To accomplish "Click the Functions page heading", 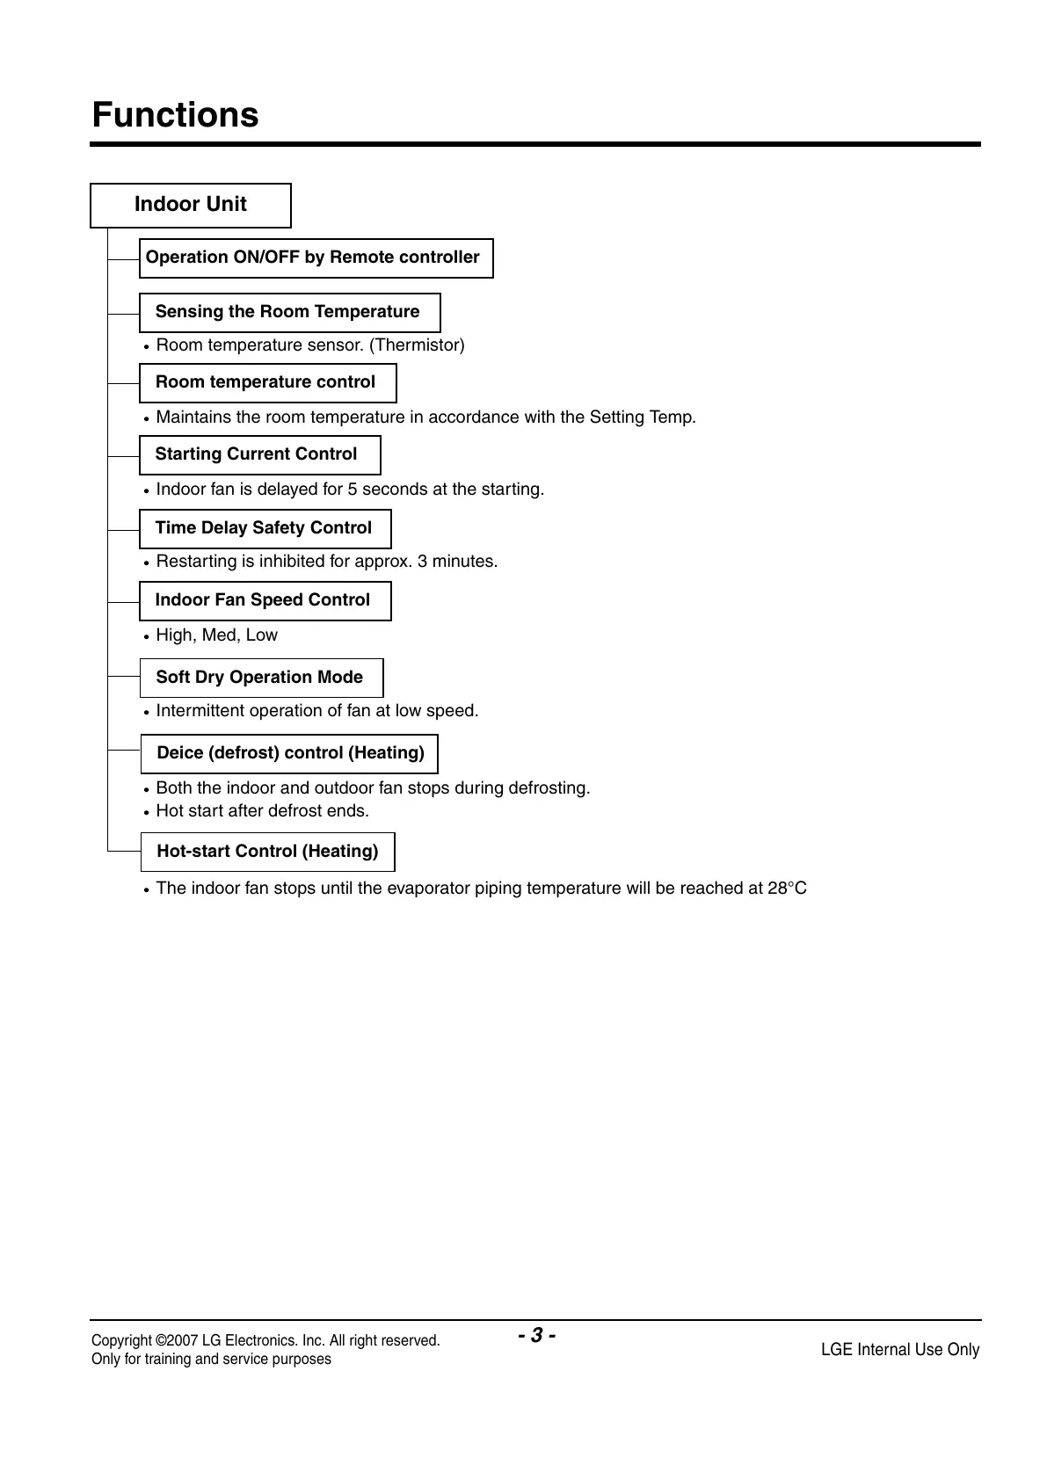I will [175, 115].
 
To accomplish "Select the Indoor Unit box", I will [191, 205].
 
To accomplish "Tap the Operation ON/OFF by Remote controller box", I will [316, 258].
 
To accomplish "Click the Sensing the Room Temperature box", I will [289, 313].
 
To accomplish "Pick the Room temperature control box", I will [267, 383].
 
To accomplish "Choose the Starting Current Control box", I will [259, 455].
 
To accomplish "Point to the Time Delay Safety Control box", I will [265, 529].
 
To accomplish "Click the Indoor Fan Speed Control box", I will [265, 601].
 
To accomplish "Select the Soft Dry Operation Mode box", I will [261, 678].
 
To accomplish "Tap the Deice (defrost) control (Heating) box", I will [289, 754].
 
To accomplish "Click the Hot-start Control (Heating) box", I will [267, 852].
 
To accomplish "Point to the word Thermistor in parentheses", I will [417, 345].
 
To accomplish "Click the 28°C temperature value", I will [786, 889].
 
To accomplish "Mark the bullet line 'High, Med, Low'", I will [216, 635].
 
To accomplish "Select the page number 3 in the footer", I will [535, 1336].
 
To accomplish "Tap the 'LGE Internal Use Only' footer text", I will [899, 1350].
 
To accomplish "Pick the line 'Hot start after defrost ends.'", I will [262, 811].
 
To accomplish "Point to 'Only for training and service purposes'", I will [211, 1360].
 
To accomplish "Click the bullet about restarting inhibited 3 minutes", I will [326, 562].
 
